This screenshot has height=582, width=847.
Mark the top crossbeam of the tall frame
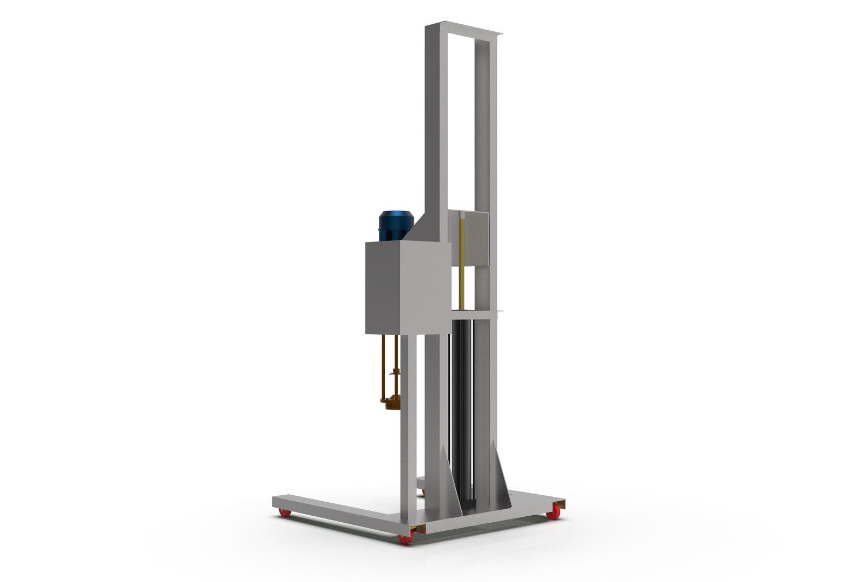click(464, 30)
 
